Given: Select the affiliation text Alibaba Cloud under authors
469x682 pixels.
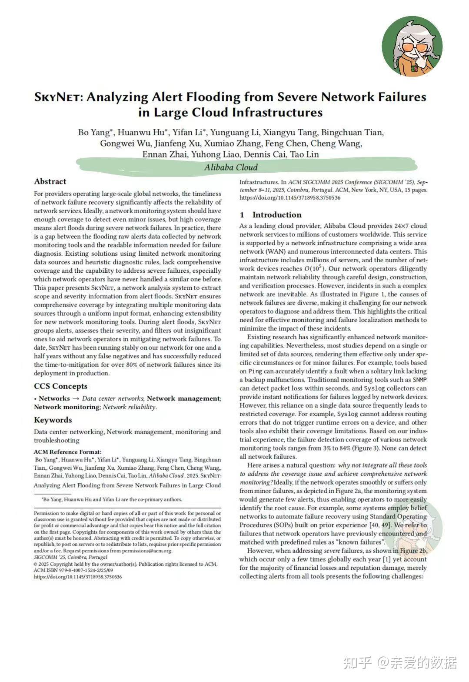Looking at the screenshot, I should pos(231,167).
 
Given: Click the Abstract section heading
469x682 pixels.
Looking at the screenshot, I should pos(50,182).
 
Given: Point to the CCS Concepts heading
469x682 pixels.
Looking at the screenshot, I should pos(60,386).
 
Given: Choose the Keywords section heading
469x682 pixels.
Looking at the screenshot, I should pos(53,420).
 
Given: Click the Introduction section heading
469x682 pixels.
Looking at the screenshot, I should pos(276,215).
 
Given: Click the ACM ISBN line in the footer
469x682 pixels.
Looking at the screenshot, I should pos(73,570).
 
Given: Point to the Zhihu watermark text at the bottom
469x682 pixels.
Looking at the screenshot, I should pos(400,662).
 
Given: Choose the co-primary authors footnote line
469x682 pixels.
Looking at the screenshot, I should pos(111,499).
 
